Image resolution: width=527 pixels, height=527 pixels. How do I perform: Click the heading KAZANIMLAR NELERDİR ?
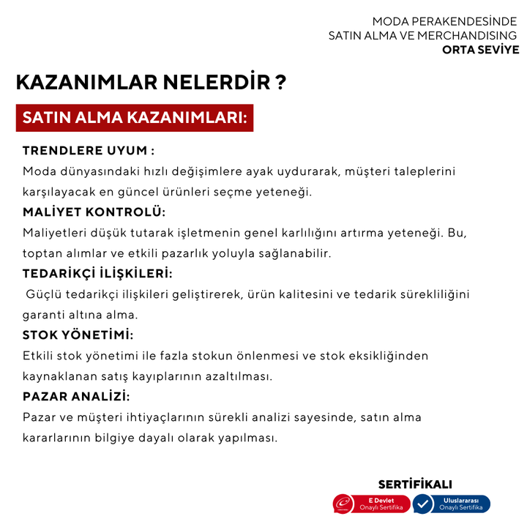150,82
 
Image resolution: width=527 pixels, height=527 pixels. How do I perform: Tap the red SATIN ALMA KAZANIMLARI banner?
135,117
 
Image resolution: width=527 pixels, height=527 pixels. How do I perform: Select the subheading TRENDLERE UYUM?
88,151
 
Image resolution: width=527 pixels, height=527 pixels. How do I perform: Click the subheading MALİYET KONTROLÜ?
94,212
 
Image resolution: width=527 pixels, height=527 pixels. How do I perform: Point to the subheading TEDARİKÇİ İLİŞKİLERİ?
97,274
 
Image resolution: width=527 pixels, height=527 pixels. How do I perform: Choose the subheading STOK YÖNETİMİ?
78,335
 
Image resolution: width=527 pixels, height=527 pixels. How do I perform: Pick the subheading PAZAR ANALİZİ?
76,397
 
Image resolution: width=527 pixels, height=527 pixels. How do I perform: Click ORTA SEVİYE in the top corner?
481,50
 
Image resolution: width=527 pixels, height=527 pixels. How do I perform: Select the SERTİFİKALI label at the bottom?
415,485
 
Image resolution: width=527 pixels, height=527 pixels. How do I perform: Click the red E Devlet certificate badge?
373,504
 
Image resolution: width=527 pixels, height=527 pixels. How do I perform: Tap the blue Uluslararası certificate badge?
452,504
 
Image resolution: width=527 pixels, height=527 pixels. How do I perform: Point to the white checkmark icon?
423,504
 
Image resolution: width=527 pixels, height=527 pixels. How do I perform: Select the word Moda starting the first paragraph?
39,171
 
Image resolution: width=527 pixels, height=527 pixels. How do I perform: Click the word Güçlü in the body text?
45,294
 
